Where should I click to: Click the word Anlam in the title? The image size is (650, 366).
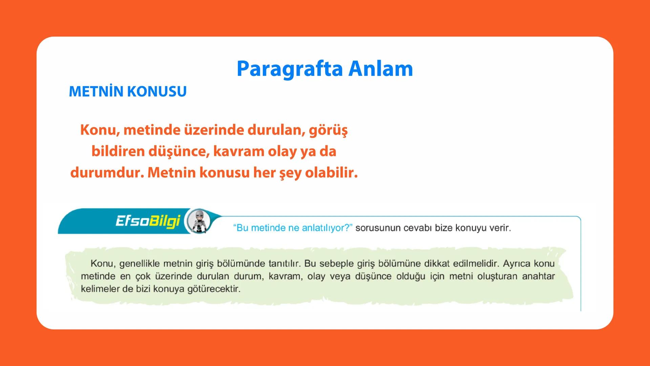pos(380,68)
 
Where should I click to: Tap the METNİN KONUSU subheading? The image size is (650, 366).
pos(128,91)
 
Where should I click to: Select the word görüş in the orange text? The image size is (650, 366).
pos(328,130)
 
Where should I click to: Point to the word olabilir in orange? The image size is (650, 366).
pos(331,173)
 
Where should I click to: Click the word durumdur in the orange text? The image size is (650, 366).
pos(107,173)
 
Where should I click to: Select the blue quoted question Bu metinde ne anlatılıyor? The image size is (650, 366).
pos(293,228)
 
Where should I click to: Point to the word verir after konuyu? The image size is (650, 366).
pos(500,228)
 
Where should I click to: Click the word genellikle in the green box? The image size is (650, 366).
pos(139,263)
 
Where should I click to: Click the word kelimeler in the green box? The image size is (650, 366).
pos(98,289)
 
